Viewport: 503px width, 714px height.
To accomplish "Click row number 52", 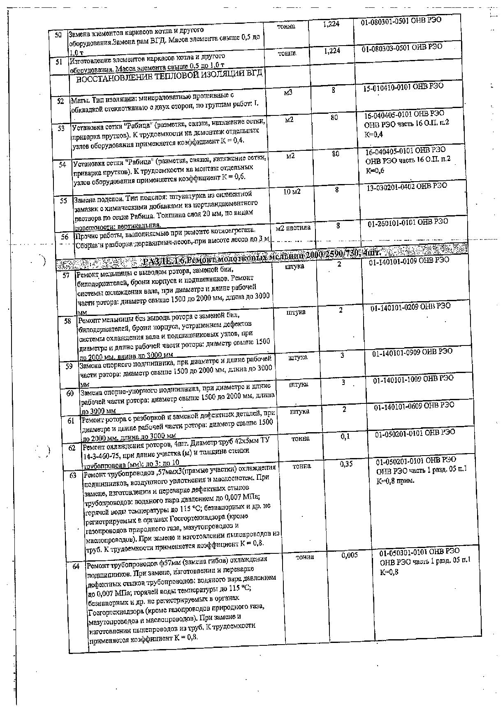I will (61, 101).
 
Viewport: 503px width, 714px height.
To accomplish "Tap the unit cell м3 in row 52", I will (288, 93).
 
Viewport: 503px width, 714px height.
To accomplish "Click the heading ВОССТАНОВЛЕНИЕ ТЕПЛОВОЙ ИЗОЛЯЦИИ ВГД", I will (169, 77).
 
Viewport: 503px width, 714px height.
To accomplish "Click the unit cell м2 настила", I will (293, 228).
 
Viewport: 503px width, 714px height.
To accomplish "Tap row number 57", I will (66, 275).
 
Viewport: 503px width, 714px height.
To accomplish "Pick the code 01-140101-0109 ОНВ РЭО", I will (409, 260).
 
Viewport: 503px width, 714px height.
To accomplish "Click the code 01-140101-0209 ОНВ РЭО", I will (410, 306).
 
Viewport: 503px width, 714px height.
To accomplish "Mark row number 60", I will (70, 393).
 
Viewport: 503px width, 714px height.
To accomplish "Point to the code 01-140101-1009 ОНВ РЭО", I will (413, 378).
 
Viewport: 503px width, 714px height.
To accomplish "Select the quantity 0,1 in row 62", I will (345, 437).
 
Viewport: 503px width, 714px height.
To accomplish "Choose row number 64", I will (76, 566).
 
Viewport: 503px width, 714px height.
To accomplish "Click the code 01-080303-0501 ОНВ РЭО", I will (402, 48).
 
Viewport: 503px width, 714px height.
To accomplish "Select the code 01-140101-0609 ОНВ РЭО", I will (414, 405).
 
